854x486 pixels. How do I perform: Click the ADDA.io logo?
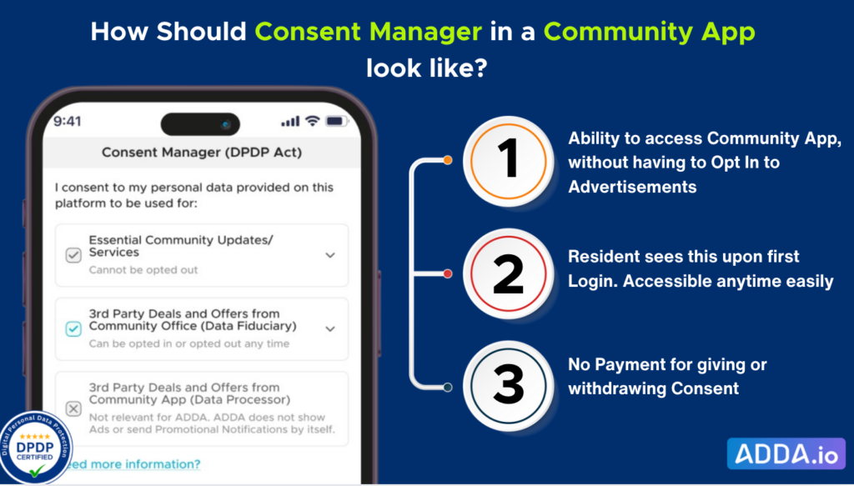point(786,453)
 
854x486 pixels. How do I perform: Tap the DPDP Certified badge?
point(35,448)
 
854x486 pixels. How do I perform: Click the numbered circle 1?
point(508,161)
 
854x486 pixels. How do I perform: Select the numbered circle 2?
point(508,273)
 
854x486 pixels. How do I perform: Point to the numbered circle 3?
point(508,387)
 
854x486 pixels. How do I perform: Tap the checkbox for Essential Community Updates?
point(73,255)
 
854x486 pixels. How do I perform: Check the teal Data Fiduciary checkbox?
point(73,328)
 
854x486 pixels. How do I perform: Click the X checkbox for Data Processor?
point(73,408)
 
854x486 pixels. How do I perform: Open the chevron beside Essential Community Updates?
point(330,255)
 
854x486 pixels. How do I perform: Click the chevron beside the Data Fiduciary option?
point(330,328)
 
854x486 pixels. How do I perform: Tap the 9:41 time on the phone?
point(67,121)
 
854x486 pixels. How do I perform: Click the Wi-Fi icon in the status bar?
point(312,121)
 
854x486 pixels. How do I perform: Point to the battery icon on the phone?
point(337,121)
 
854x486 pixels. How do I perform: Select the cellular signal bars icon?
point(290,122)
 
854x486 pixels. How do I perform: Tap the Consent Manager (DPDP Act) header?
point(202,153)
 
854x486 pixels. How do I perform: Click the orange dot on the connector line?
point(448,160)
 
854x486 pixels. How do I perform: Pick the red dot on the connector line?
point(448,273)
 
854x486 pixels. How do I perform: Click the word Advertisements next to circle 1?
point(632,187)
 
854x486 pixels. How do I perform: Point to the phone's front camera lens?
point(225,125)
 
